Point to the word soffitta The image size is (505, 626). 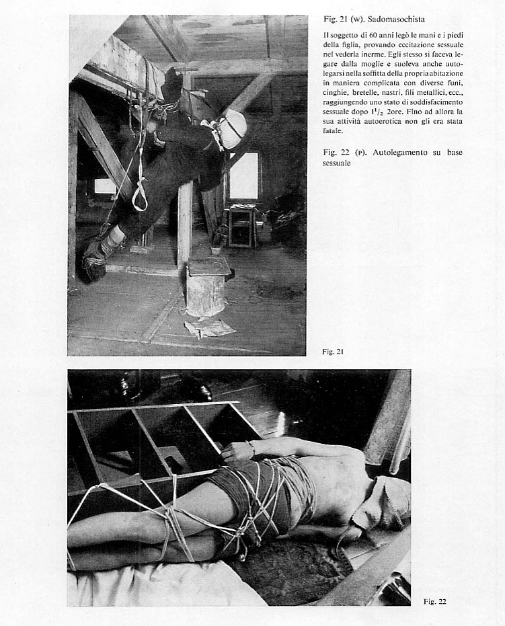(x=360, y=73)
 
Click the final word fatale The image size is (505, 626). (x=333, y=131)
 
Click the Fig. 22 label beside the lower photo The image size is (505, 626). (x=435, y=601)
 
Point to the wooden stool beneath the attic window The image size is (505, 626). (x=241, y=225)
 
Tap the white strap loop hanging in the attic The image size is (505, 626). (x=140, y=194)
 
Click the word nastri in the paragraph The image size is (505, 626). (x=388, y=93)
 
